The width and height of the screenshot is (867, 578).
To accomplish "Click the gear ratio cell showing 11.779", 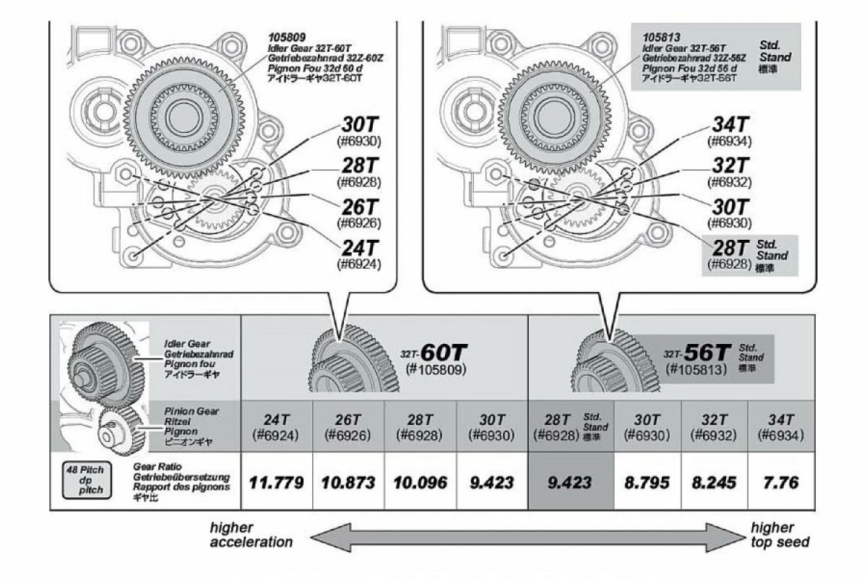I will (x=276, y=482).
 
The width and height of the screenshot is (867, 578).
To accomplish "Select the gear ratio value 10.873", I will (x=348, y=482).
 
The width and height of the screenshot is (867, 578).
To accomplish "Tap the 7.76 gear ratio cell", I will (x=781, y=482).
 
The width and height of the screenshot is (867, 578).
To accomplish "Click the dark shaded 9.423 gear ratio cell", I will (x=571, y=482).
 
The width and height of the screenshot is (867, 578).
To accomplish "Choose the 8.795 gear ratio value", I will (x=647, y=482).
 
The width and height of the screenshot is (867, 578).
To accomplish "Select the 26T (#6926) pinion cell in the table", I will (x=348, y=427).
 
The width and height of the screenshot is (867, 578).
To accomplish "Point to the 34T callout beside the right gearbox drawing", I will (x=731, y=131).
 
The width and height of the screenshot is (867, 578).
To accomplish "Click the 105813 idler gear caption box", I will (x=715, y=56).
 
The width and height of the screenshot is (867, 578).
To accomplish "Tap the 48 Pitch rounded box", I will (x=85, y=480).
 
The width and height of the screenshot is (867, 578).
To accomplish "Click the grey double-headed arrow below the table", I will (x=527, y=536).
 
